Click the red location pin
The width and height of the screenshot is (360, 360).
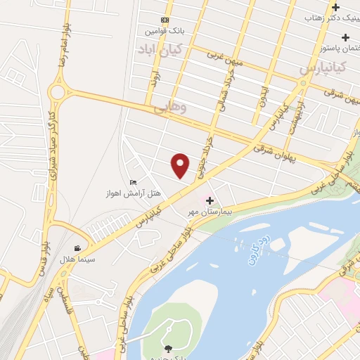181,165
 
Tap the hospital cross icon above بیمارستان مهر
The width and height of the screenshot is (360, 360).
209,200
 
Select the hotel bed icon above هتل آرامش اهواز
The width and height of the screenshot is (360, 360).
132,183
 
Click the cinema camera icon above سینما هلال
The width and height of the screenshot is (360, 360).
77,248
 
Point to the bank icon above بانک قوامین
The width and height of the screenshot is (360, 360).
165,20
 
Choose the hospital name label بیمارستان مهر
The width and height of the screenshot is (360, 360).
209,211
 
